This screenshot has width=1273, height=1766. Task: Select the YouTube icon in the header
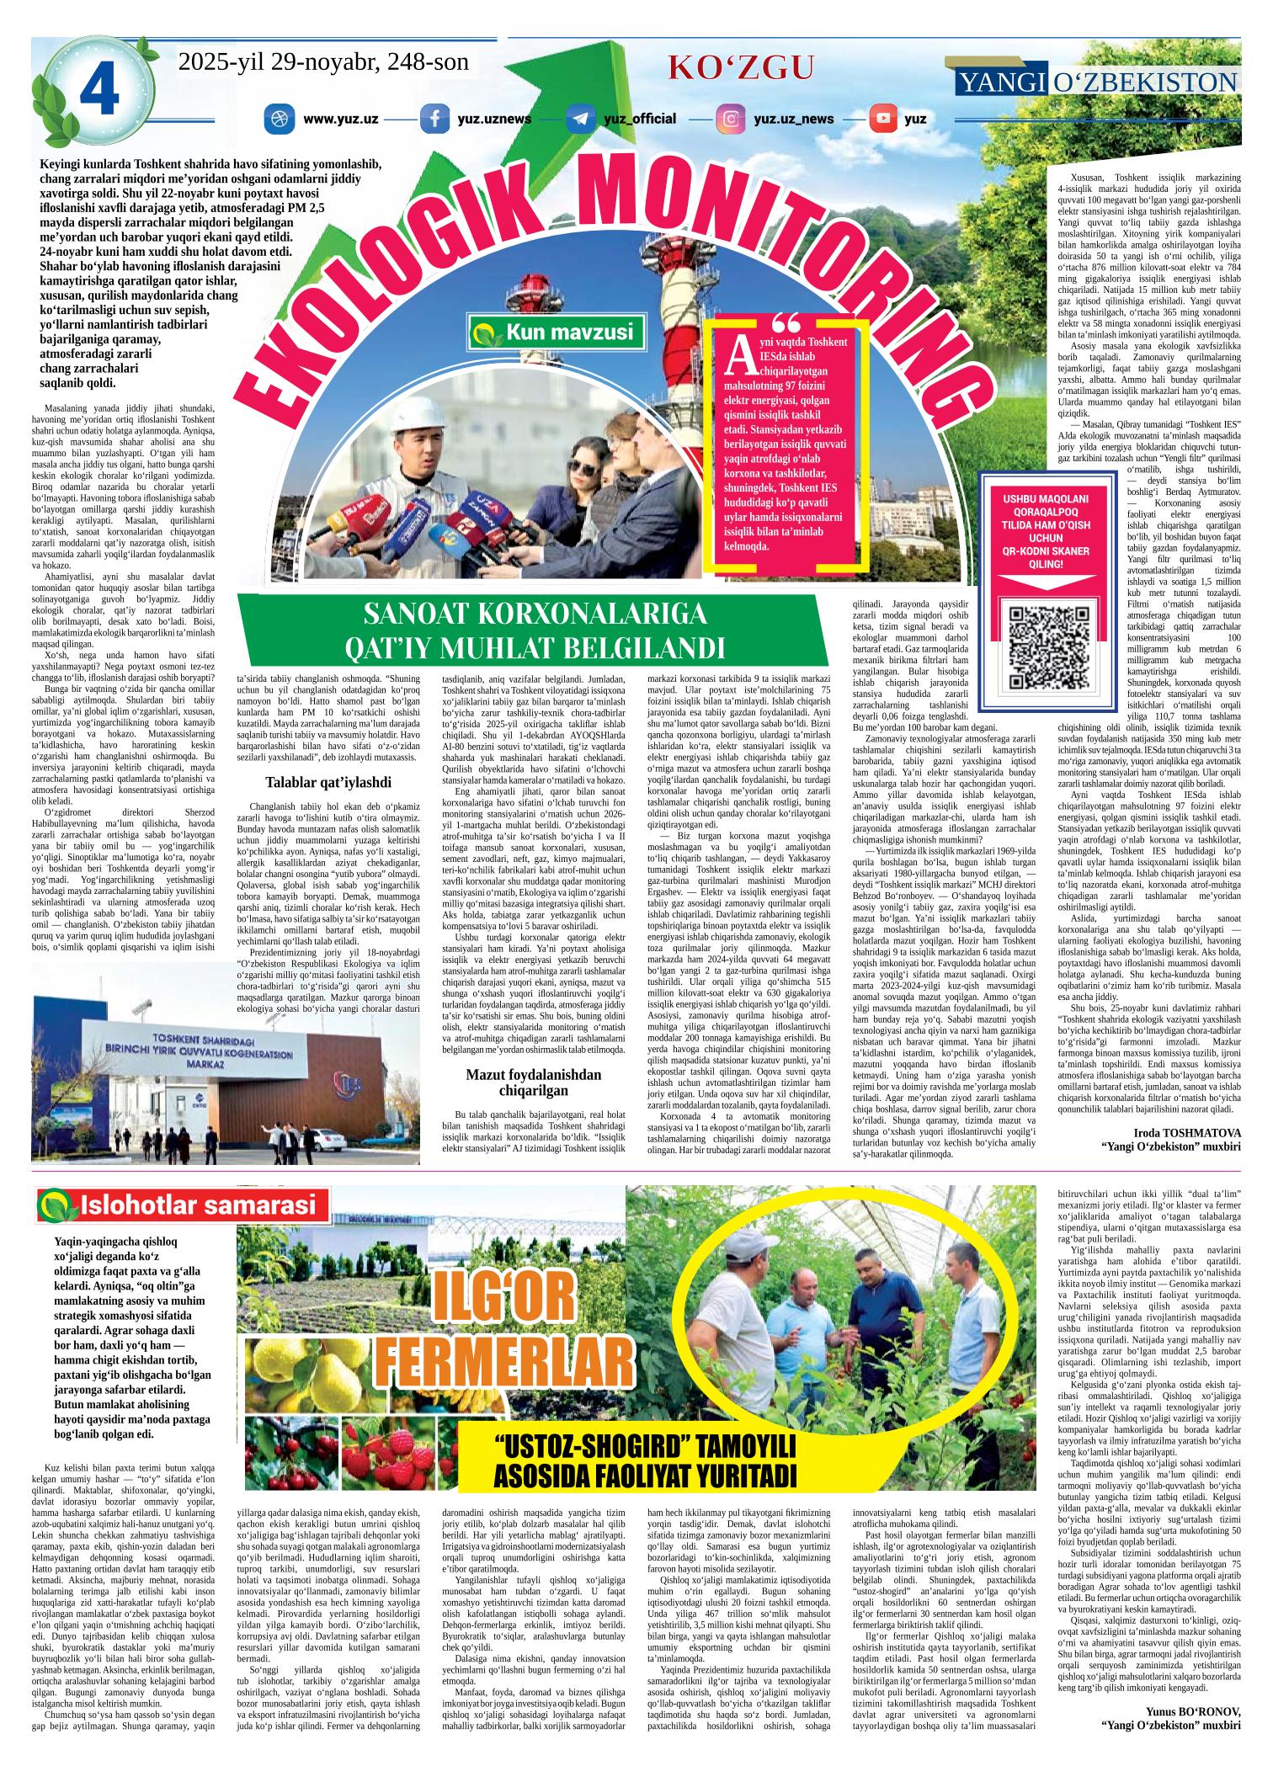tap(883, 119)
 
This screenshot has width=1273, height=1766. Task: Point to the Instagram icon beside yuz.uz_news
tap(731, 119)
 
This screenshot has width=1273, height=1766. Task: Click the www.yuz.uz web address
tap(340, 119)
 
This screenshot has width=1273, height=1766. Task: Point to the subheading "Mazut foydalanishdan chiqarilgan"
tap(535, 1082)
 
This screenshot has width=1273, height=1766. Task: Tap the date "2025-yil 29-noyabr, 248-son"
tap(323, 62)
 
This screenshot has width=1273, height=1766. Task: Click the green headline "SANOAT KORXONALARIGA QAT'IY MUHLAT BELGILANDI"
tap(535, 631)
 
